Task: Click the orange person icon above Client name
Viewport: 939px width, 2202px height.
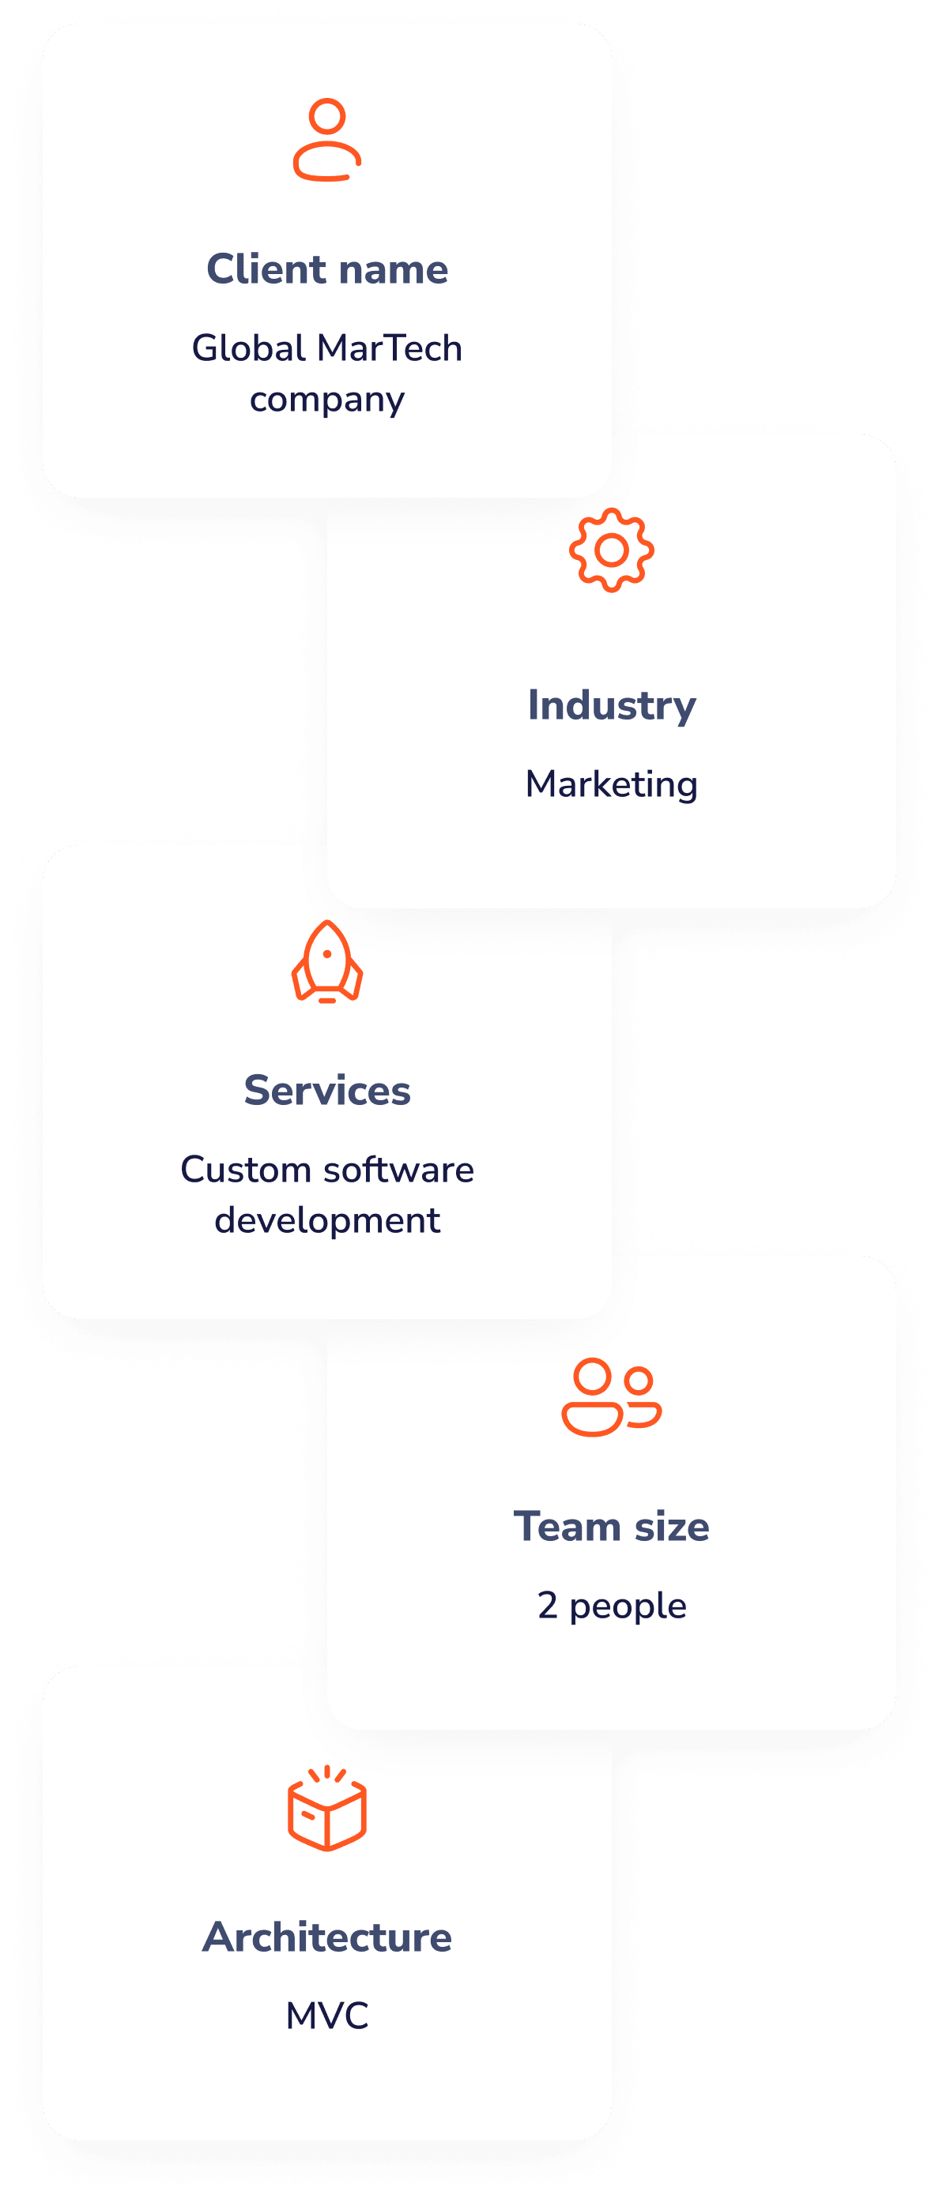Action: click(326, 140)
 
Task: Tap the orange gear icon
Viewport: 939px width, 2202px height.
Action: click(612, 550)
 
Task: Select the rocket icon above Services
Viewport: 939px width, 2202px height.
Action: click(326, 961)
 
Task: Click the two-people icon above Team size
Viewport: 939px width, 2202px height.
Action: click(612, 1396)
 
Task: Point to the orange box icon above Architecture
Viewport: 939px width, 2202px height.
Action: click(326, 1808)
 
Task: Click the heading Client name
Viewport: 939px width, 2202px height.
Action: click(326, 269)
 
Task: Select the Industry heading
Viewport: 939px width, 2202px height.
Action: click(612, 705)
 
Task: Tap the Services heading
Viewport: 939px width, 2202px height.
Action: click(326, 1091)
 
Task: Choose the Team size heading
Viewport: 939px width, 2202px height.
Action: click(612, 1527)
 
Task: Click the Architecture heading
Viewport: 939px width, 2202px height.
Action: click(326, 1937)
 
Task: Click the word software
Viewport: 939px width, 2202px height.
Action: click(398, 1170)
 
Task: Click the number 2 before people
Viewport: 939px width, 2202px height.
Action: click(547, 1606)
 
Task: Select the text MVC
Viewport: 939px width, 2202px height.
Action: click(326, 2016)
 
